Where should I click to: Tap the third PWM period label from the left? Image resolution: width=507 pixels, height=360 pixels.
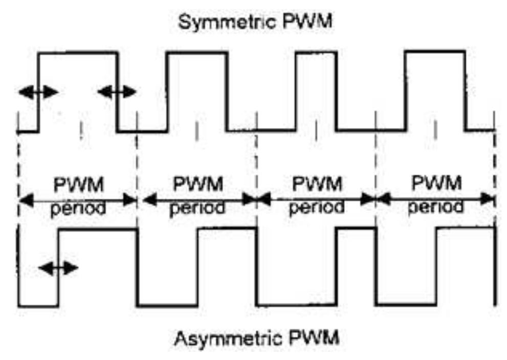pyautogui.click(x=316, y=195)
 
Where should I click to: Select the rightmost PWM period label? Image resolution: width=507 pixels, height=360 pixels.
pyautogui.click(x=436, y=195)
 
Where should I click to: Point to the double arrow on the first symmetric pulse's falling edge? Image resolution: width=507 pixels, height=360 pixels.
pyautogui.click(x=117, y=92)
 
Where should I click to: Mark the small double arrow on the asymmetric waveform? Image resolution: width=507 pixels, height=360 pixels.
pyautogui.click(x=58, y=268)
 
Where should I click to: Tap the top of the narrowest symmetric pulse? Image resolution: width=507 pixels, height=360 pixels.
pyautogui.click(x=316, y=52)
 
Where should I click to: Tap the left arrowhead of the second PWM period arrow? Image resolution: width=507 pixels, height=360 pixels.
pyautogui.click(x=148, y=200)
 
